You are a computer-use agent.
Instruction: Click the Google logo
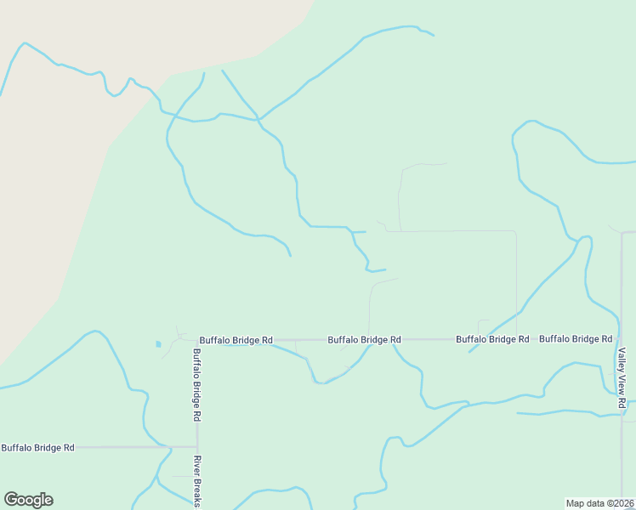click(28, 500)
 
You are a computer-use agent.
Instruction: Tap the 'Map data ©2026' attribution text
click(600, 503)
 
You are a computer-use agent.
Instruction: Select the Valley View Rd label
click(622, 377)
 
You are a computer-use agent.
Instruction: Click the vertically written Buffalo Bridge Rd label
click(196, 386)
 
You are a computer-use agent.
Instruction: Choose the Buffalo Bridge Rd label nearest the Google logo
click(37, 447)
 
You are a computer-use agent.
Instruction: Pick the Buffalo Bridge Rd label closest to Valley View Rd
click(576, 338)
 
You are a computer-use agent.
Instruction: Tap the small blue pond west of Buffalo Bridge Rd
click(157, 344)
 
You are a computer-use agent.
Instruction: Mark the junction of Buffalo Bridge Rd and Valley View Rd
click(622, 339)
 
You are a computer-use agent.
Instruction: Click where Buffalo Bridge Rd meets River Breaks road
click(197, 446)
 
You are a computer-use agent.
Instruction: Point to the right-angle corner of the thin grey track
click(516, 231)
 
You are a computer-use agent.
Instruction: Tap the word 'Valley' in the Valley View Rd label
click(622, 360)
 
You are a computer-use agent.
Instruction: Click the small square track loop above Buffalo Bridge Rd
click(483, 327)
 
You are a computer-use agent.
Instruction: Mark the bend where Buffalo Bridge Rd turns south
click(197, 340)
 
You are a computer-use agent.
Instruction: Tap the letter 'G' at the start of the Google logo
click(11, 500)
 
